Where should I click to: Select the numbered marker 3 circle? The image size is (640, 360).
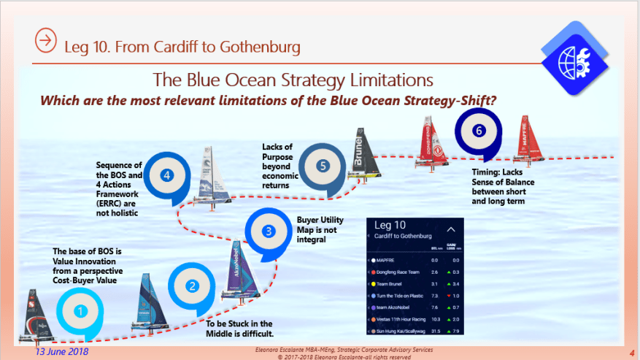(269, 231)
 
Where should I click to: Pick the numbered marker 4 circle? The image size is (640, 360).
(167, 175)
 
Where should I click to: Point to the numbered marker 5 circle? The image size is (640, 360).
(323, 166)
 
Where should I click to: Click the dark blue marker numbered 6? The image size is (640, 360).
(478, 131)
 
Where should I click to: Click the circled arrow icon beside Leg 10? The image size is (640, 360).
(46, 41)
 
